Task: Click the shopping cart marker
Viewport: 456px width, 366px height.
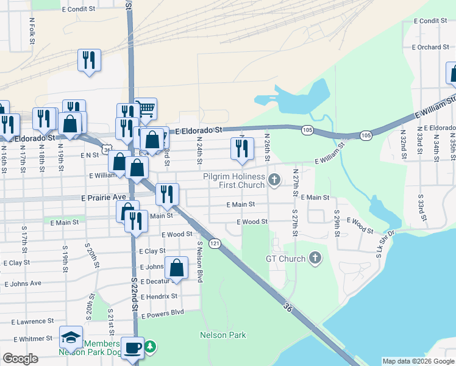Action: [146, 109]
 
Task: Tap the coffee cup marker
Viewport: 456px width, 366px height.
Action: [132, 348]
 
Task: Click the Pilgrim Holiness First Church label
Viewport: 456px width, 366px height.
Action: [234, 181]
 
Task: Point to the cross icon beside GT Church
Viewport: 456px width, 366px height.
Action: [315, 259]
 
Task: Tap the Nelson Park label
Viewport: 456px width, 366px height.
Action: [223, 335]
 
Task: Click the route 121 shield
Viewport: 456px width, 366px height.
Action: [215, 243]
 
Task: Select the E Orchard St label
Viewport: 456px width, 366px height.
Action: [430, 47]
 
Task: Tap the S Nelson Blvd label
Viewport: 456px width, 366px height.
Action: [199, 261]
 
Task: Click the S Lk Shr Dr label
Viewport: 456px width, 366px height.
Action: [386, 243]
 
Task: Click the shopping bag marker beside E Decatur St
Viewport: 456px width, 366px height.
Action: [176, 268]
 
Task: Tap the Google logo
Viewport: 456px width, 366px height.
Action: [20, 359]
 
